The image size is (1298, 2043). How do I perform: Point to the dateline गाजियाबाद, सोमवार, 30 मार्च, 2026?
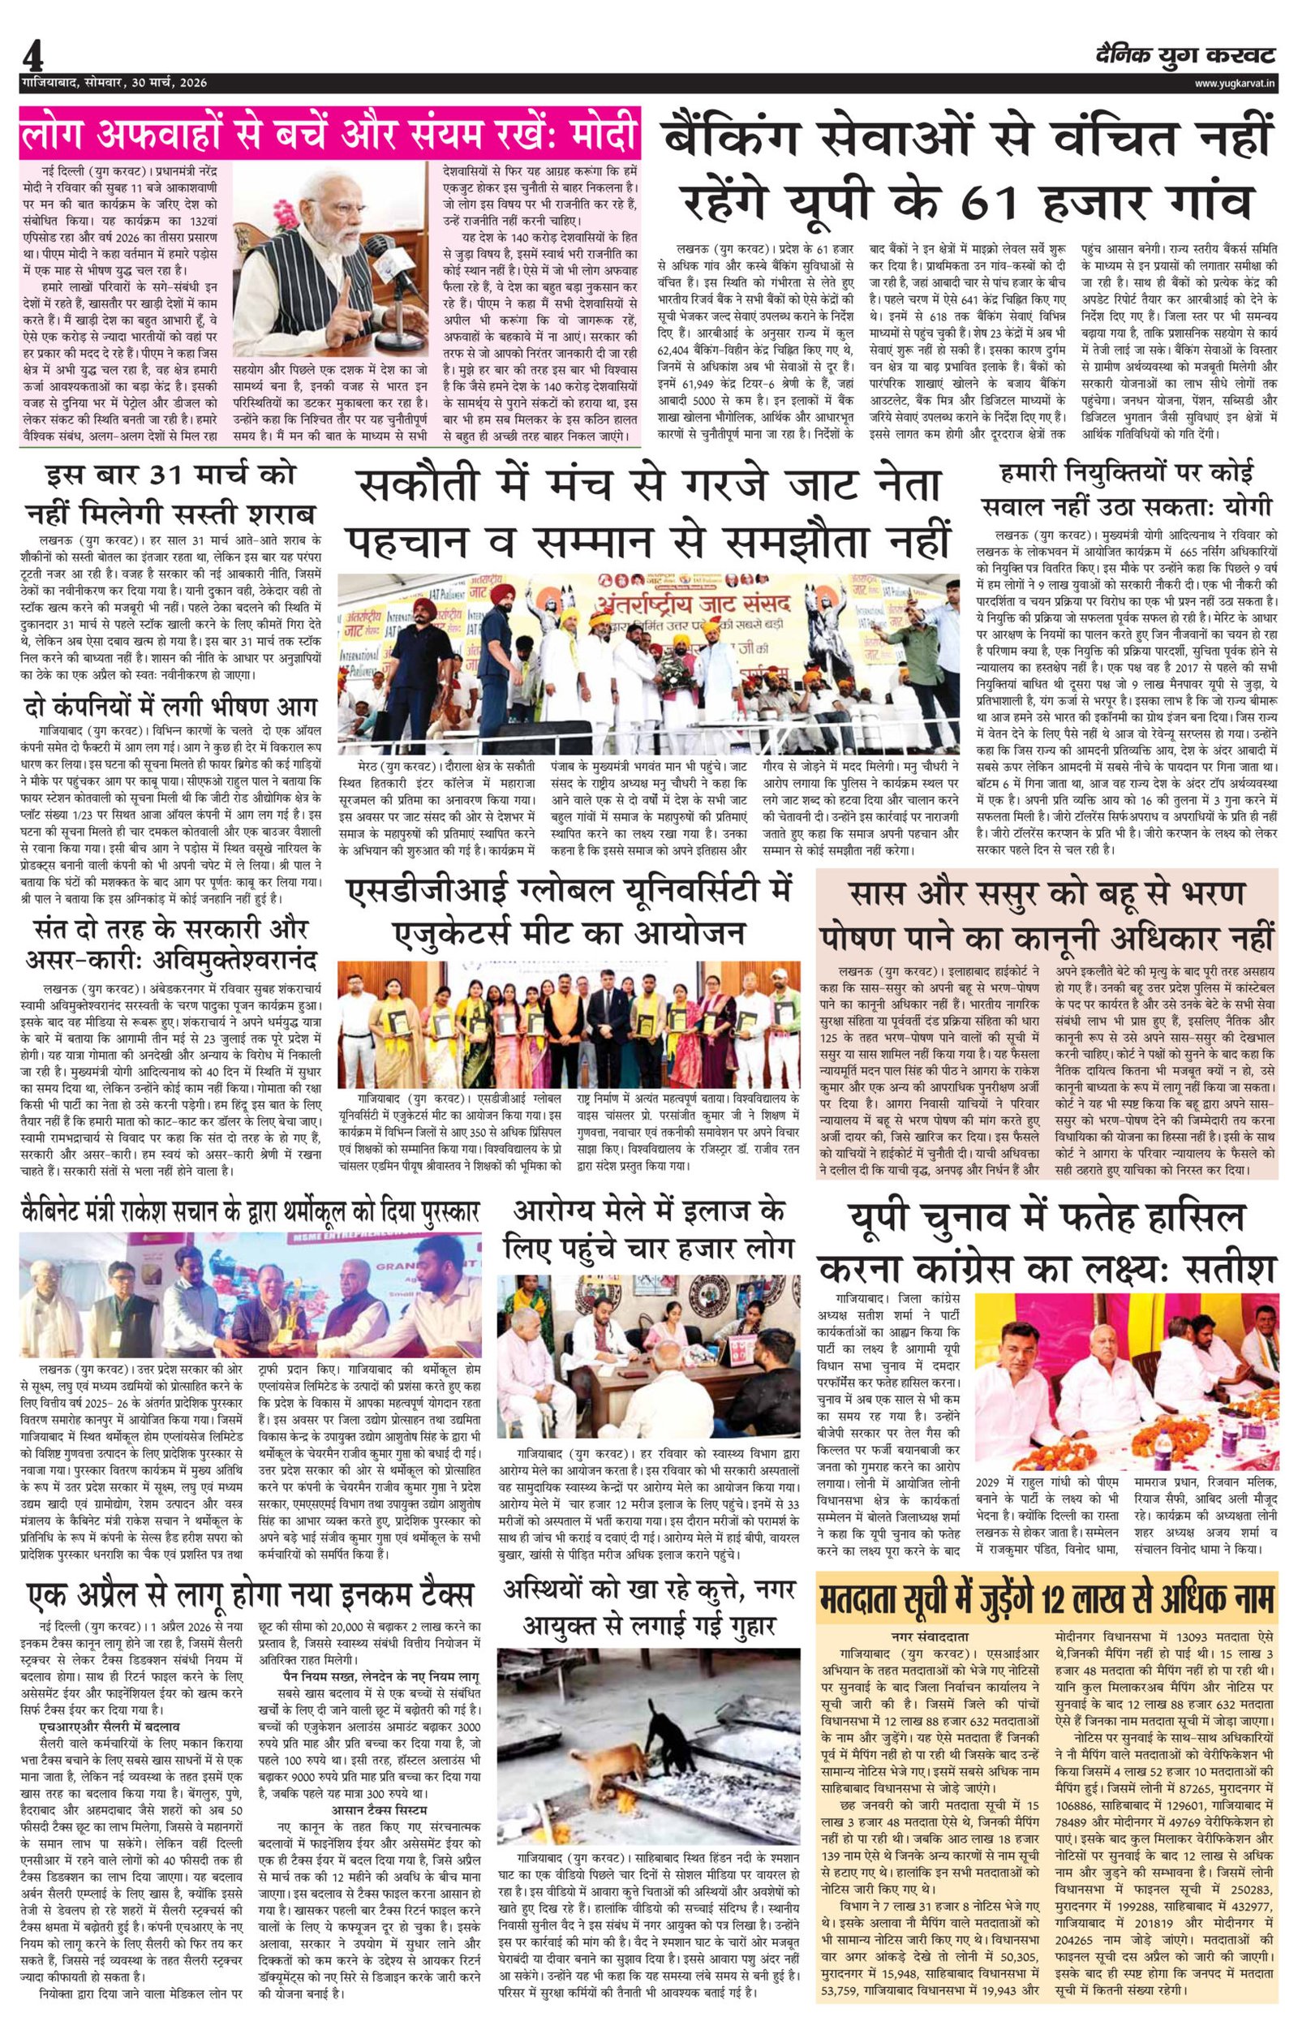pyautogui.click(x=115, y=83)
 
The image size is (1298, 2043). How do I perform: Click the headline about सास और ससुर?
pyautogui.click(x=1048, y=917)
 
